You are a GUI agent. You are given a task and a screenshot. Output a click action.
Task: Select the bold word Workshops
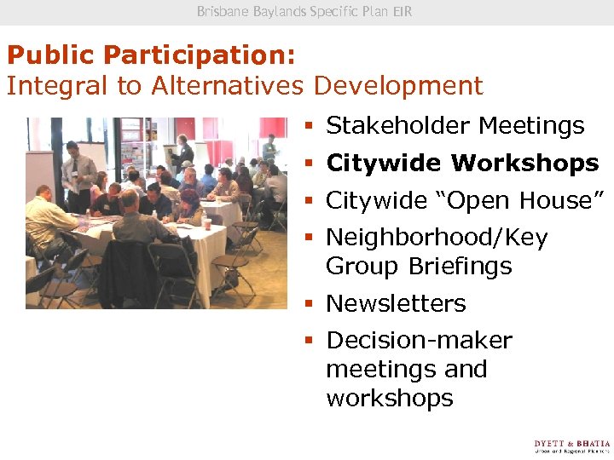(x=524, y=163)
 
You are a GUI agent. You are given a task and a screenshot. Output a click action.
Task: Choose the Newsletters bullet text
(x=396, y=304)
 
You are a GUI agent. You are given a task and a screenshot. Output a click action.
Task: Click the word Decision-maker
(x=419, y=341)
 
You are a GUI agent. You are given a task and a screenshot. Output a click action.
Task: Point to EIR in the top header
(x=403, y=12)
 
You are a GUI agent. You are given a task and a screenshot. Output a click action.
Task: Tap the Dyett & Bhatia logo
(x=571, y=446)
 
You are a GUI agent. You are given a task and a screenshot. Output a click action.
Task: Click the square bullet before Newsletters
(x=311, y=304)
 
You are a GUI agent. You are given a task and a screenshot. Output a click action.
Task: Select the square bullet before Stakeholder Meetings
(x=311, y=126)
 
